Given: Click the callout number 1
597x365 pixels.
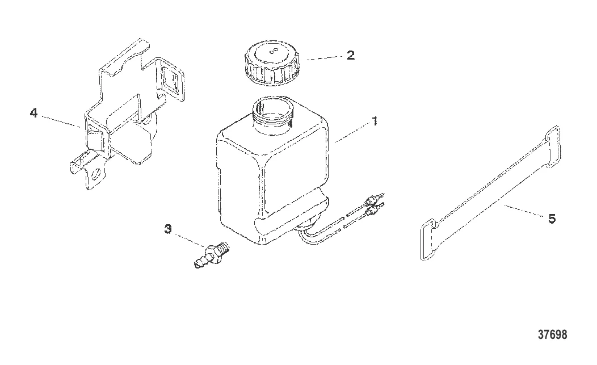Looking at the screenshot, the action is pyautogui.click(x=375, y=121).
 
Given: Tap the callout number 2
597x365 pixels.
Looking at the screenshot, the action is pyautogui.click(x=350, y=55).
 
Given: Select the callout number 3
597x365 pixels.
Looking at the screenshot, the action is pyautogui.click(x=168, y=229).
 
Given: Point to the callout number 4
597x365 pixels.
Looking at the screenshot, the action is pyautogui.click(x=34, y=113).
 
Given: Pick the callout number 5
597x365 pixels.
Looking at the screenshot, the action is pyautogui.click(x=552, y=219).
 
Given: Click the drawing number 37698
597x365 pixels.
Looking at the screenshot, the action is pyautogui.click(x=553, y=334).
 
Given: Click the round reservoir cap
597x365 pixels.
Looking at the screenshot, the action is pyautogui.click(x=271, y=62).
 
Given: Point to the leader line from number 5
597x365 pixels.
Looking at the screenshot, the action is pyautogui.click(x=524, y=211).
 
